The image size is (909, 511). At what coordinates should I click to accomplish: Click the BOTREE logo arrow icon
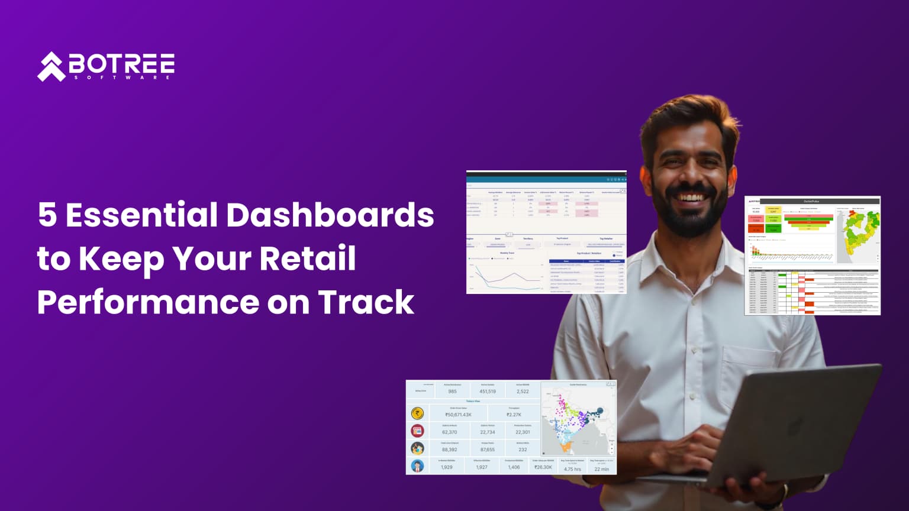pos(51,66)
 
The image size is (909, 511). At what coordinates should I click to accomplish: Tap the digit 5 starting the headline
pos(47,215)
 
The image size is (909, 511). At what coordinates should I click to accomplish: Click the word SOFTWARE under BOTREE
pos(122,77)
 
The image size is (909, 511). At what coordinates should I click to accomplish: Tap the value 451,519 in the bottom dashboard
pos(488,392)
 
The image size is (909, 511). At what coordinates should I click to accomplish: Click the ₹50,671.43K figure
pos(458,415)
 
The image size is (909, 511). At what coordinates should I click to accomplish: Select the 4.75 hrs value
pos(572,469)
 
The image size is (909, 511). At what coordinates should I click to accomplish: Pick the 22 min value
pos(601,469)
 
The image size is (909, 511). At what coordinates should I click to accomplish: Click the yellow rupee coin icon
pos(418,413)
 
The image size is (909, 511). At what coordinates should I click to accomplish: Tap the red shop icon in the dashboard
pos(418,431)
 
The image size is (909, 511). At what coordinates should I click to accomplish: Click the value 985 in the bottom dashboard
pos(452,392)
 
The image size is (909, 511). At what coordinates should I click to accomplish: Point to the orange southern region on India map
pos(567,447)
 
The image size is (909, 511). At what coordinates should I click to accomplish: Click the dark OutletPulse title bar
pos(820,201)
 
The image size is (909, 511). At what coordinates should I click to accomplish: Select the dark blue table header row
pos(586,261)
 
